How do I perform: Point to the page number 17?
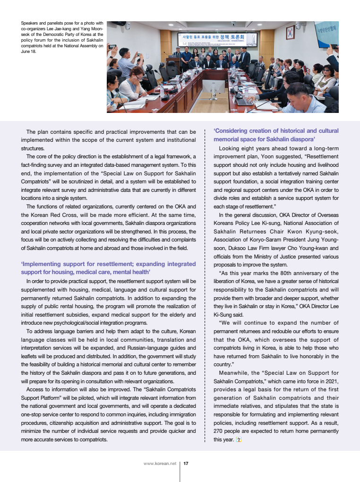point(186,464)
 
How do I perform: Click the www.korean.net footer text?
point(160,464)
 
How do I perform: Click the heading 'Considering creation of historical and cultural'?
point(276,131)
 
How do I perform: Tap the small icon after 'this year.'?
point(239,439)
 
